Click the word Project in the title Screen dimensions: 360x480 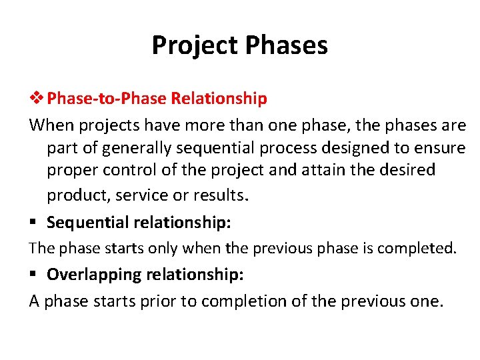click(194, 45)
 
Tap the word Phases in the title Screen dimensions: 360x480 click(287, 45)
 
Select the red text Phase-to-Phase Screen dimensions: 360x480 click(107, 99)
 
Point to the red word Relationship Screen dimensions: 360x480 click(219, 99)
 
